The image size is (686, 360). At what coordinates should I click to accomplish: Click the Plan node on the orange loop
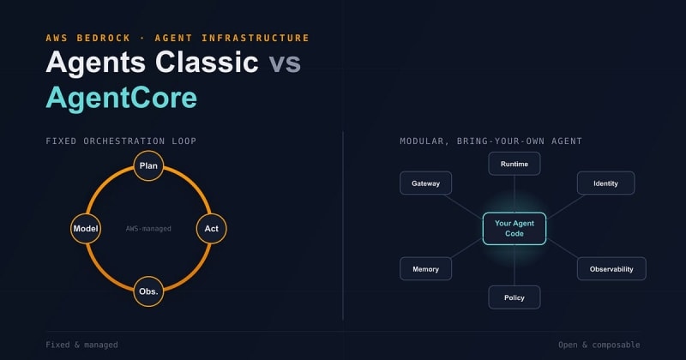(148, 165)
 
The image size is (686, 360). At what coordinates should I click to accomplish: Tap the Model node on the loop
(86, 228)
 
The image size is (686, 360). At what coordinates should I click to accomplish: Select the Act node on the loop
(211, 228)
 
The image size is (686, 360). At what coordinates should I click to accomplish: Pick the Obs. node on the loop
(148, 291)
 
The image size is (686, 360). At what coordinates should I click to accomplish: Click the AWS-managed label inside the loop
(148, 228)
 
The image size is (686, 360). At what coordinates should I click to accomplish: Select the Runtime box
(514, 164)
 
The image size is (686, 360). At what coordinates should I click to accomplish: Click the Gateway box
(425, 183)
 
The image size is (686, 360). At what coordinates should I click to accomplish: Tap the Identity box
(605, 183)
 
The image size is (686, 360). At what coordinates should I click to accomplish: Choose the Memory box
(425, 269)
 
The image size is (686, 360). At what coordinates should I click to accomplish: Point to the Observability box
(611, 269)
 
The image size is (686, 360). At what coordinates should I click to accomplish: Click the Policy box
(514, 297)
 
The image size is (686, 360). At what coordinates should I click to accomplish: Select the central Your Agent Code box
(514, 228)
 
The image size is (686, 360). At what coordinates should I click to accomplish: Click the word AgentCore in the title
(121, 98)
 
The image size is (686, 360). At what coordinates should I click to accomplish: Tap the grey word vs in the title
(285, 62)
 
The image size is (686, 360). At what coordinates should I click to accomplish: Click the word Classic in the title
(207, 62)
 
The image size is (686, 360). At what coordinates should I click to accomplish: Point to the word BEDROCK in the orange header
(104, 38)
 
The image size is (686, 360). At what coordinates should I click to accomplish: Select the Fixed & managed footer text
(81, 345)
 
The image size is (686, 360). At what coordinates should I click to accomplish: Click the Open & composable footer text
(599, 345)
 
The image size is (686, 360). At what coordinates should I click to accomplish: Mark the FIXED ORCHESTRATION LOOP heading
(121, 141)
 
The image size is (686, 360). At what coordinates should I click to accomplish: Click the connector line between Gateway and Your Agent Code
(463, 207)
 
